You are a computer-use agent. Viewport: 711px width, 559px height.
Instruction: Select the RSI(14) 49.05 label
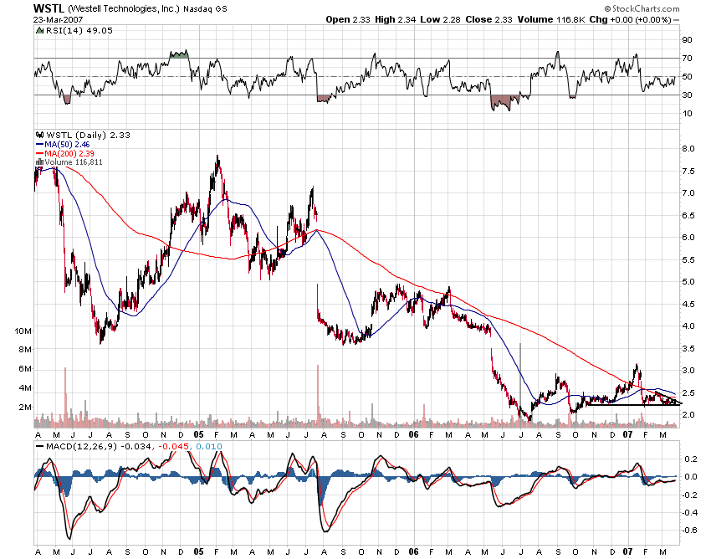coord(64,30)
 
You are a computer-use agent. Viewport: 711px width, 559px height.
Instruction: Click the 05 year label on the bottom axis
coord(197,435)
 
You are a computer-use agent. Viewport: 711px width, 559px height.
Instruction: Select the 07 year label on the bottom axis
coord(627,435)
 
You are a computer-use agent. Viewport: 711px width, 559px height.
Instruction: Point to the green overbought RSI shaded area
coord(179,54)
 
